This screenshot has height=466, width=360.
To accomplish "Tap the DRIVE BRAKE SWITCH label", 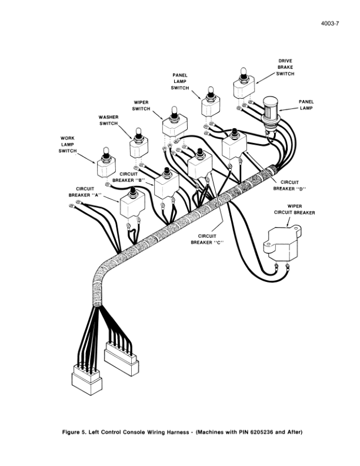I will point(285,67).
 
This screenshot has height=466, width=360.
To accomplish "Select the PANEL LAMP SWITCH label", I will point(180,81).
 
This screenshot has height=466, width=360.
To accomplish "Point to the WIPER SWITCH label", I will point(141,105).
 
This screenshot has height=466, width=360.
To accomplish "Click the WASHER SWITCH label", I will point(109,120).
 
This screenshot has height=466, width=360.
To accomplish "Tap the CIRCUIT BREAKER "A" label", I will point(85,191).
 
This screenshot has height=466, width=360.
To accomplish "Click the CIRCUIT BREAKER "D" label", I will point(290,185).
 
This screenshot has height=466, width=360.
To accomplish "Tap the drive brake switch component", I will point(241,85).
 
